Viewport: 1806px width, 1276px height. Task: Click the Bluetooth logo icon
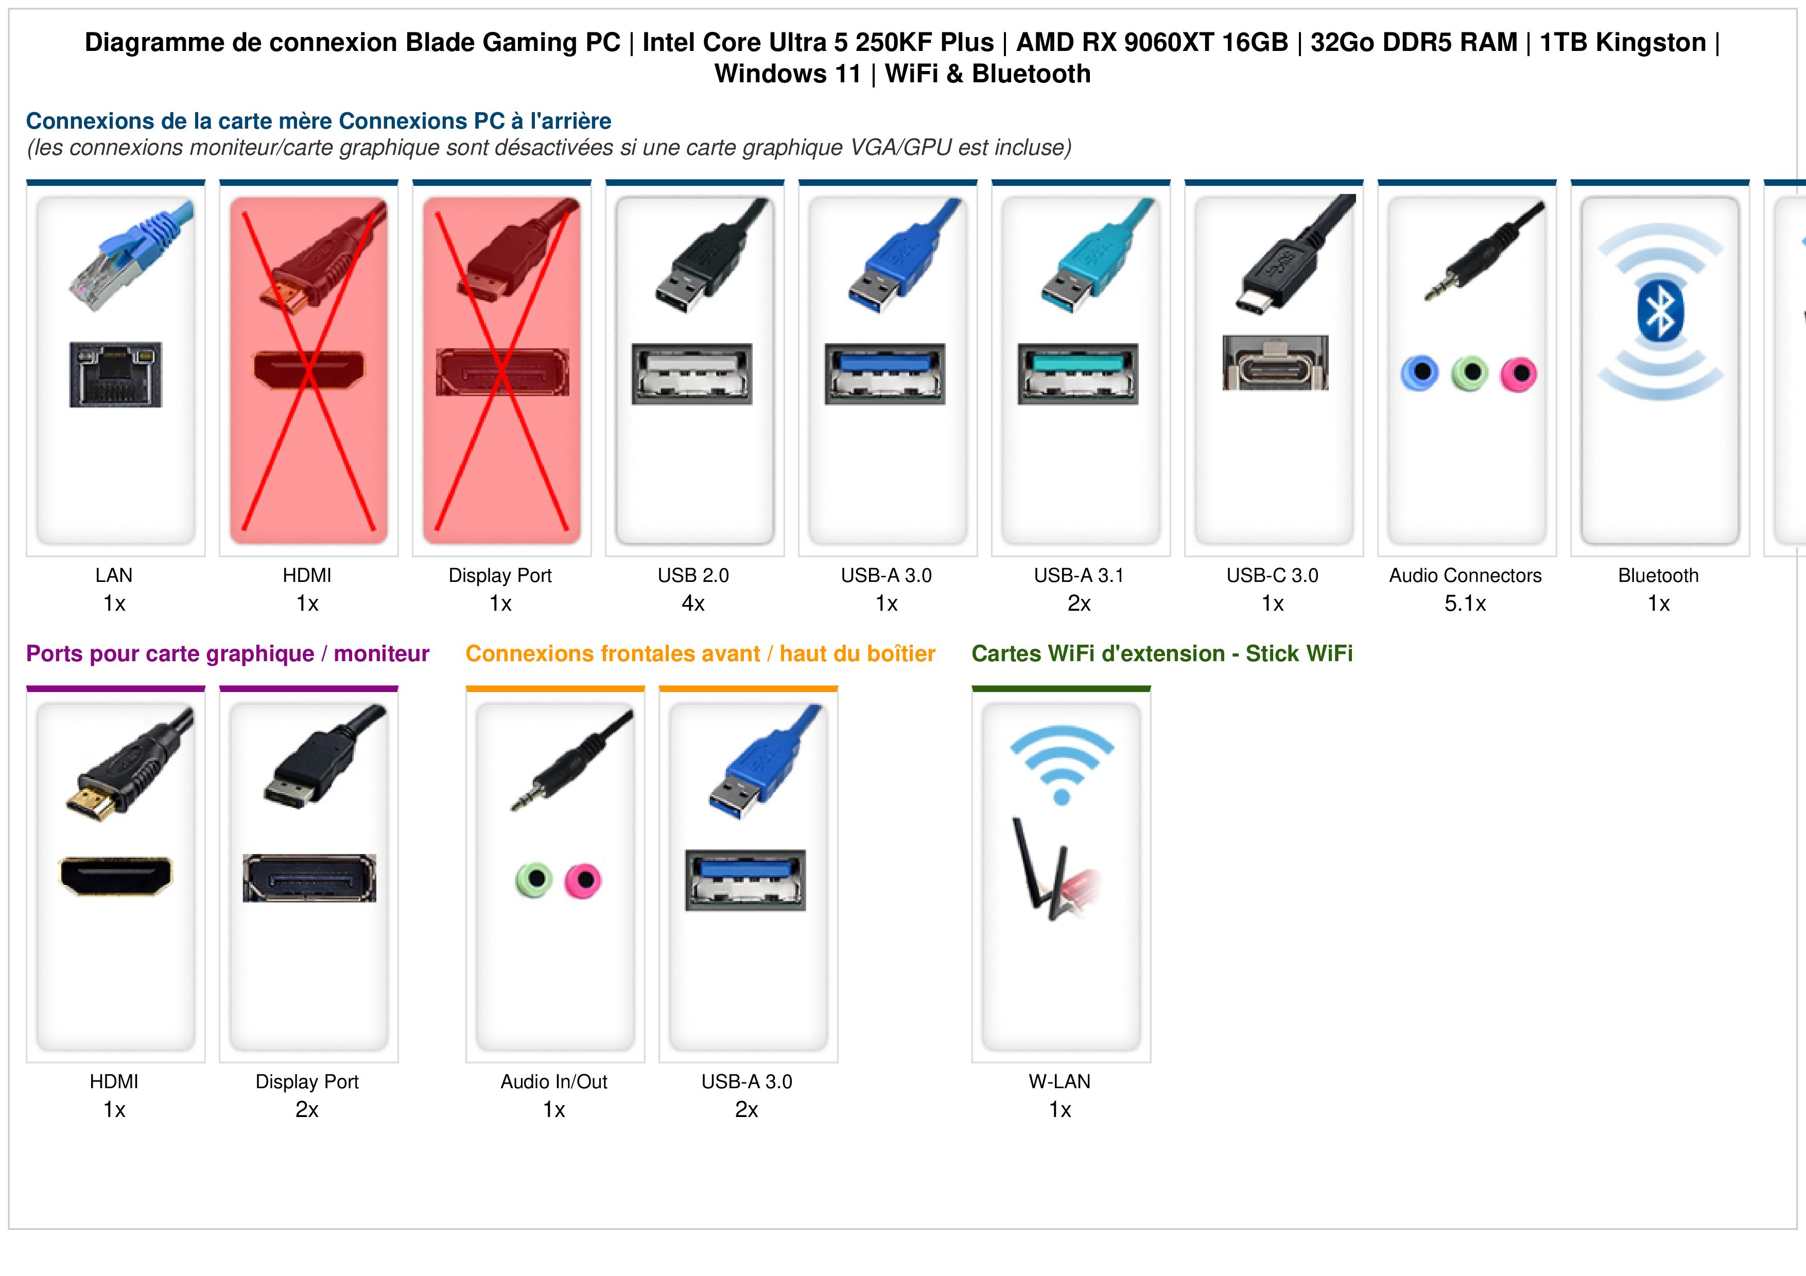[1660, 312]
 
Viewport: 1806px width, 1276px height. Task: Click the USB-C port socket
[1275, 362]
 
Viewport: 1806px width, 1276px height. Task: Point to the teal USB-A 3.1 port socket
[1078, 374]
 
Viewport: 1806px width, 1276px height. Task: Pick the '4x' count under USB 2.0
[693, 604]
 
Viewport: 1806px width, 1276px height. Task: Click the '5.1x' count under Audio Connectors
[1465, 604]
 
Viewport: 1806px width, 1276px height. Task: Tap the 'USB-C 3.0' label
[1273, 576]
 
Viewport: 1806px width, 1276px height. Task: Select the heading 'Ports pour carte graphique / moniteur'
[228, 654]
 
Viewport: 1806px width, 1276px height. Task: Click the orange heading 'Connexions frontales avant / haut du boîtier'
[700, 654]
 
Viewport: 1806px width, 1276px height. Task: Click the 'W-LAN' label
[1060, 1082]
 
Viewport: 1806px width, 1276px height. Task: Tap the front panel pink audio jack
[583, 880]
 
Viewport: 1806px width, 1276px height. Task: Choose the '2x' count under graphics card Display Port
[307, 1110]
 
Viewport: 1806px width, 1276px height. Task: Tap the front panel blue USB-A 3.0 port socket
[745, 880]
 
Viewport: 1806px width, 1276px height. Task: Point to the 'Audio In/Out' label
[554, 1082]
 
